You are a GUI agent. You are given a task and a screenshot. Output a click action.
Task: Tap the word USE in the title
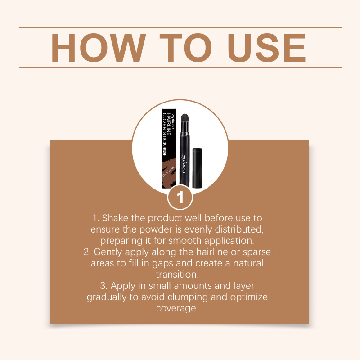pyautogui.click(x=267, y=48)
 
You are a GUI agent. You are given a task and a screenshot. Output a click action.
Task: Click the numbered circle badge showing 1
pyautogui.click(x=180, y=197)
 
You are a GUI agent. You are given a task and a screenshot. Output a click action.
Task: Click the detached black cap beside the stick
pyautogui.click(x=197, y=168)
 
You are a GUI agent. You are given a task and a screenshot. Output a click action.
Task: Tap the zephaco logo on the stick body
pyautogui.click(x=184, y=162)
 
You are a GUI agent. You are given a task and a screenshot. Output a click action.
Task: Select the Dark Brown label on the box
pyautogui.click(x=169, y=171)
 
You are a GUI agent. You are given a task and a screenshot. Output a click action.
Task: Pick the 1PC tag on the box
pyautogui.click(x=164, y=151)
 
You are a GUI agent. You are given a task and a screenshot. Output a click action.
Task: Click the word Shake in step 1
pyautogui.click(x=115, y=218)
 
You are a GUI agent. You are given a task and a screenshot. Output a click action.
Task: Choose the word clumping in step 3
pyautogui.click(x=188, y=297)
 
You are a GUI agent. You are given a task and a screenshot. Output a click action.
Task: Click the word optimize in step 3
pyautogui.click(x=249, y=297)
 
